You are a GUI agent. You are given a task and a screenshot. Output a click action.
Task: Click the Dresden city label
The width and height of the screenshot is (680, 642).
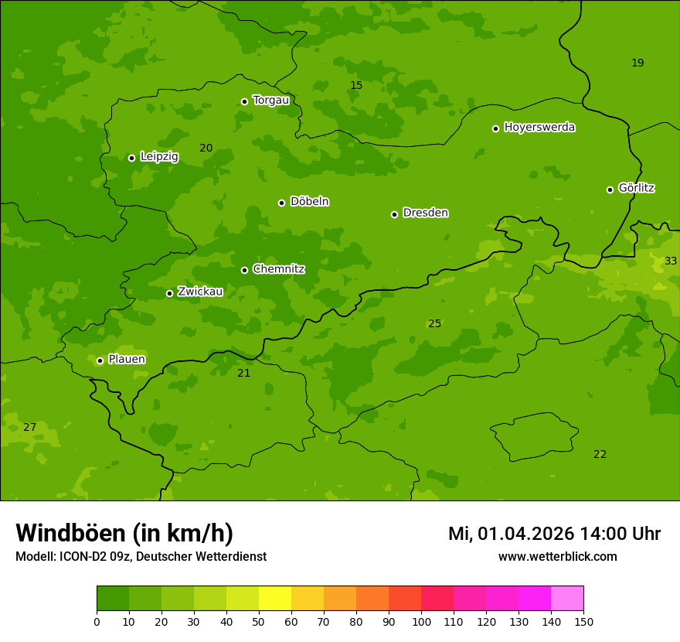(x=425, y=213)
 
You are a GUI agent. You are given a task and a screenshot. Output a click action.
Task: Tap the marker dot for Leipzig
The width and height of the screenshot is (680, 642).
(x=131, y=158)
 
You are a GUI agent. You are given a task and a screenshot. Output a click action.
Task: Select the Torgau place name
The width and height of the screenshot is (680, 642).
(x=270, y=100)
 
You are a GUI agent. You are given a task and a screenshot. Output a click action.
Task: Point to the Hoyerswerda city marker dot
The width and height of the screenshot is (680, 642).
(x=495, y=128)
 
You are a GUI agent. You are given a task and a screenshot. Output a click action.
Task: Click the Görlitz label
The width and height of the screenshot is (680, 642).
(x=636, y=188)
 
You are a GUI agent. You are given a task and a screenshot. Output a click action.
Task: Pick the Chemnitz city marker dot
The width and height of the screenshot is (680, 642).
(x=244, y=270)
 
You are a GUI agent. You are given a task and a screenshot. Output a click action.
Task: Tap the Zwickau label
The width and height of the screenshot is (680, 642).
(x=200, y=292)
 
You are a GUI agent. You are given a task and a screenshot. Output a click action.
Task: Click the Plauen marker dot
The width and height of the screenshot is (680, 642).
(x=100, y=360)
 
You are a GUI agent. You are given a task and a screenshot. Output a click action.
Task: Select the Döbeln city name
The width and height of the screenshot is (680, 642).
(x=309, y=201)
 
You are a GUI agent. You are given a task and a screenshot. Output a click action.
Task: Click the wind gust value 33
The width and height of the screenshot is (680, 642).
(x=670, y=261)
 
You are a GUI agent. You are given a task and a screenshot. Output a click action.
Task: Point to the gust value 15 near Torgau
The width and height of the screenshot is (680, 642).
(x=356, y=85)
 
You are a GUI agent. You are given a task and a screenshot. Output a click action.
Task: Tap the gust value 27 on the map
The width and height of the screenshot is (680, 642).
(x=29, y=427)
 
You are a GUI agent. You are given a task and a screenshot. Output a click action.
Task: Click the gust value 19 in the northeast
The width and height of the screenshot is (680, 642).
(x=637, y=63)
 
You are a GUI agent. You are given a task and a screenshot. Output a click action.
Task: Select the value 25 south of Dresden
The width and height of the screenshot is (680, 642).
(x=434, y=323)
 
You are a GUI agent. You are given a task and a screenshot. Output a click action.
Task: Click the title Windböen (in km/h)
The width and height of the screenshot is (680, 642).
(x=124, y=533)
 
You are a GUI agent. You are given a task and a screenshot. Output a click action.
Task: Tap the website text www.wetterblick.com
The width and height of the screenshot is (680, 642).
(x=557, y=556)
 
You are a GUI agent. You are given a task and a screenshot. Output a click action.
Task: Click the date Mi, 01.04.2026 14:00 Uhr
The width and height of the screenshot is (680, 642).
(x=554, y=534)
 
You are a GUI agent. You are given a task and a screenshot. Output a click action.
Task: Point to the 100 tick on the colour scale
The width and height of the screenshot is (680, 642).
(x=421, y=621)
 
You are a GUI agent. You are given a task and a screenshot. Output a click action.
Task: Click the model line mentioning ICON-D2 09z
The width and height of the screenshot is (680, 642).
(x=141, y=556)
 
